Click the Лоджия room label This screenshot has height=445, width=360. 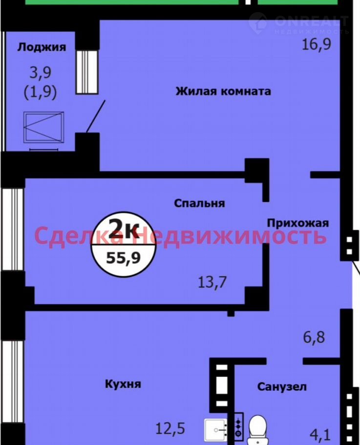[42, 47]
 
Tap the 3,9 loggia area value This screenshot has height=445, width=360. [41, 72]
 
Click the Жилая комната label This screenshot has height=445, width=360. [223, 91]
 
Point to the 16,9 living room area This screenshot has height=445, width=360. [317, 44]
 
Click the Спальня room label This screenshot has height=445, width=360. [199, 203]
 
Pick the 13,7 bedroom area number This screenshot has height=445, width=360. [212, 282]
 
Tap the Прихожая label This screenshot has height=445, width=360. [298, 223]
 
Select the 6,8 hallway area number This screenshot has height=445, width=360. [314, 338]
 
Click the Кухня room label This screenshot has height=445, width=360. [123, 384]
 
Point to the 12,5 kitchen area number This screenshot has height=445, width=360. [170, 428]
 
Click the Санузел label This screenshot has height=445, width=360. [282, 386]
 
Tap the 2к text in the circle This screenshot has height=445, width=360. [124, 228]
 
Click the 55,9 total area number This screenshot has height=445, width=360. [123, 258]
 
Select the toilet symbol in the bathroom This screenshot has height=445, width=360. [257, 430]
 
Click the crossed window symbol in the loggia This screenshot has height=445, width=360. [43, 127]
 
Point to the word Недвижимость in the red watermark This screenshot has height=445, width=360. [233, 236]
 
